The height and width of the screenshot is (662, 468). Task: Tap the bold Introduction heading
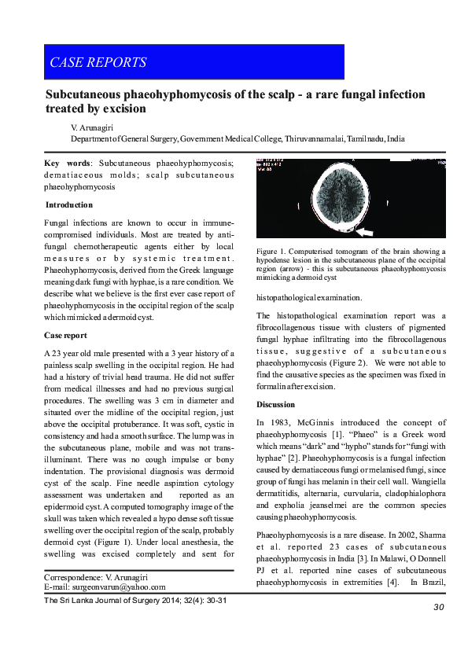pyautogui.click(x=68, y=204)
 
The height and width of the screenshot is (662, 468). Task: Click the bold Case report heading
pyautogui.click(x=65, y=335)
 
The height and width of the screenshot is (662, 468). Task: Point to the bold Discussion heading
pyautogui.click(x=276, y=404)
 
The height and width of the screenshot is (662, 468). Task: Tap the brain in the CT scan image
pyautogui.click(x=349, y=198)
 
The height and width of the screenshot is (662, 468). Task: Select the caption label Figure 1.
pyautogui.click(x=273, y=252)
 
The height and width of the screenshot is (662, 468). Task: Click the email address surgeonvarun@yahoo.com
pyautogui.click(x=119, y=587)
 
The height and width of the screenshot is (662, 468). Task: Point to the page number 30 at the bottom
pyautogui.click(x=439, y=607)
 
